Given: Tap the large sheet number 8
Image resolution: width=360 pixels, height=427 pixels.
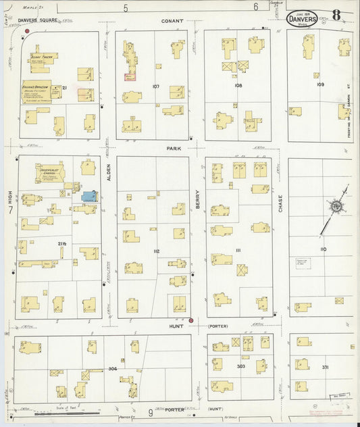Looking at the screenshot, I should tap(336, 15).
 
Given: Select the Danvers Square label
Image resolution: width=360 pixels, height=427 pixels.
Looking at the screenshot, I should tap(37, 20).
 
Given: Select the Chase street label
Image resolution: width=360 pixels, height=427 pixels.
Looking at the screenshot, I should tap(280, 203).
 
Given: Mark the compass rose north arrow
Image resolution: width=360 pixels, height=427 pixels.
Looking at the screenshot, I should tap(335, 206).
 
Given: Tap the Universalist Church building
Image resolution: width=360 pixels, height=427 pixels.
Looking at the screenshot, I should tap(51, 173).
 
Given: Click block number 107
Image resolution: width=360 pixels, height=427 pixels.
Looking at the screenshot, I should tap(156, 86).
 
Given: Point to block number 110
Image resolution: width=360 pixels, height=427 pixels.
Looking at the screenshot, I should tap(324, 249).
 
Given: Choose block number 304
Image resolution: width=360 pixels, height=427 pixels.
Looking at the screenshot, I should tap(112, 369).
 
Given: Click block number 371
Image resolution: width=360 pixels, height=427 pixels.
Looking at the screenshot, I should tap(326, 366).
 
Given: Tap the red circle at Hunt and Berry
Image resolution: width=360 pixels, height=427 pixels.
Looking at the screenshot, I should tap(191, 320).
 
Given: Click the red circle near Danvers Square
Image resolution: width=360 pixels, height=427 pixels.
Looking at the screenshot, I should tap(27, 30).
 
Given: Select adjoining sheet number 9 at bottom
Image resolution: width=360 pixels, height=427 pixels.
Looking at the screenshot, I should tap(150, 411).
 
